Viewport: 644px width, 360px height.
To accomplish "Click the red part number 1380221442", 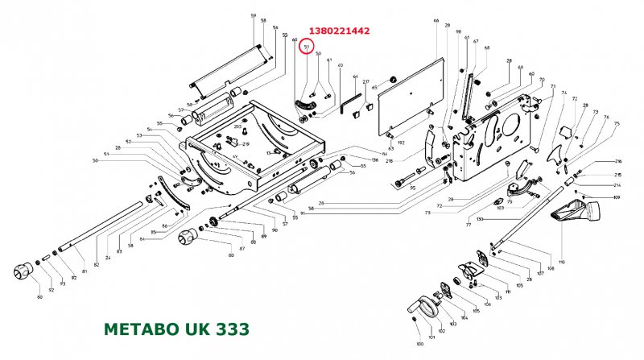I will (340, 31).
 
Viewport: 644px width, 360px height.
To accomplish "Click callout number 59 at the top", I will (253, 16).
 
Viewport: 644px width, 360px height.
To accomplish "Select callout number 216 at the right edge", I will (618, 162).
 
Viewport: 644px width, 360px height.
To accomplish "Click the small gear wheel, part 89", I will (213, 222).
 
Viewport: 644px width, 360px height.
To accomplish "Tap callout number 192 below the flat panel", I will (400, 143).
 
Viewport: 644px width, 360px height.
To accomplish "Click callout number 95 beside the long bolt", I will (412, 188).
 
